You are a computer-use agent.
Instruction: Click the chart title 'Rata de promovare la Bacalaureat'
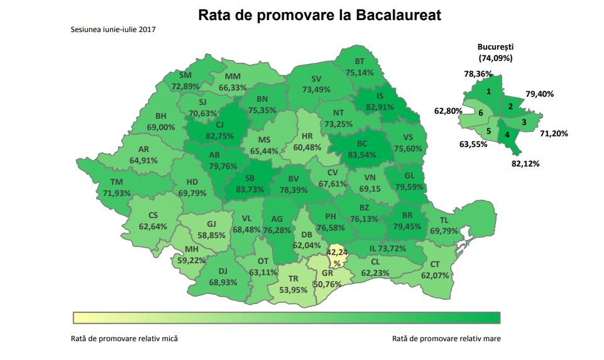pyautogui.click(x=319, y=15)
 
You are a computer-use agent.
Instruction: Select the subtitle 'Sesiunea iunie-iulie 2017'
pyautogui.click(x=114, y=30)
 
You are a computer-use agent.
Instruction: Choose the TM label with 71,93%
pyautogui.click(x=117, y=187)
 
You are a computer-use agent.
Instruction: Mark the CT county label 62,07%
pyautogui.click(x=434, y=270)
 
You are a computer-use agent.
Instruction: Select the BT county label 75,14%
pyautogui.click(x=360, y=67)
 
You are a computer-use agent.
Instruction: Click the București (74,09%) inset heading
pyautogui.click(x=495, y=52)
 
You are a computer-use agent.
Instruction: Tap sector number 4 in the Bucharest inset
pyautogui.click(x=507, y=135)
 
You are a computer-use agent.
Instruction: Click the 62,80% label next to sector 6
pyautogui.click(x=448, y=111)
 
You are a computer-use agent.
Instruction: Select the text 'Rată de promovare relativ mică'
pyautogui.click(x=124, y=338)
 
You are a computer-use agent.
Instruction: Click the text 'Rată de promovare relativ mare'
pyautogui.click(x=446, y=338)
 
